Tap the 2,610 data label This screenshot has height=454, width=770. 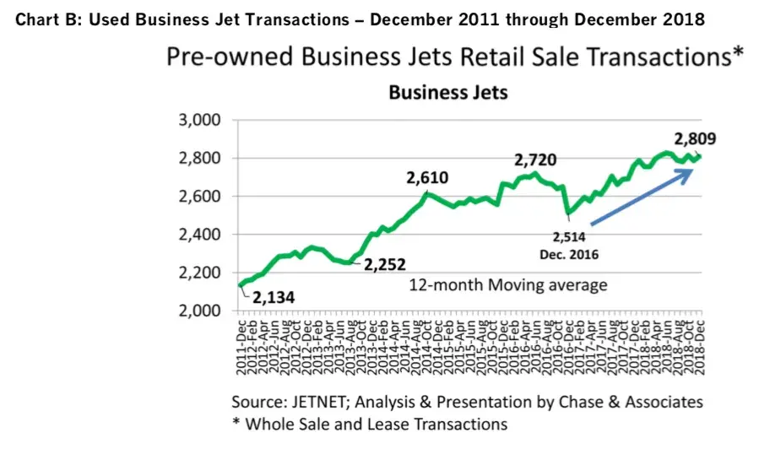[427, 177]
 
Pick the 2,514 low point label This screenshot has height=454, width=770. [568, 237]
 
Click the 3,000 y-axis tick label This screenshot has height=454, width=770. [200, 120]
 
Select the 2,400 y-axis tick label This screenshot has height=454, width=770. [200, 235]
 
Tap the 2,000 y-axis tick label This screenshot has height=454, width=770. [200, 311]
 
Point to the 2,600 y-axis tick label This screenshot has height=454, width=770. [200, 197]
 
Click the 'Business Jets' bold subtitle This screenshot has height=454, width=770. [448, 92]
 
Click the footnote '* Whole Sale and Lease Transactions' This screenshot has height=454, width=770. [370, 424]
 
